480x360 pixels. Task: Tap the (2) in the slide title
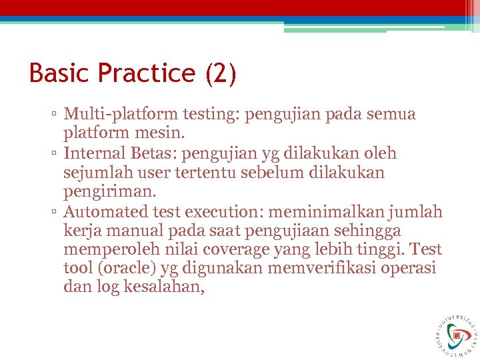(221, 73)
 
